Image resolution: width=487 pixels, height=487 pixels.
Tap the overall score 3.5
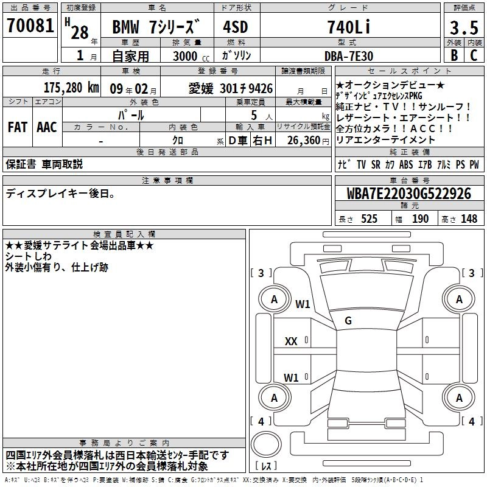click(x=464, y=28)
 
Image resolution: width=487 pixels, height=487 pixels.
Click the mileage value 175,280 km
click(x=71, y=88)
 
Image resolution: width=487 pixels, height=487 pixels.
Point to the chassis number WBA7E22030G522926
click(x=409, y=194)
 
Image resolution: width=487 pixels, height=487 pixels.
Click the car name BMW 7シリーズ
click(x=156, y=28)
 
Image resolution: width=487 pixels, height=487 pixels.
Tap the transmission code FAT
click(x=17, y=127)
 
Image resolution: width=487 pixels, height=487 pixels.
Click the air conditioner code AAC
click(x=46, y=127)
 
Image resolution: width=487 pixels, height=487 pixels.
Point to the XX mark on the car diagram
click(x=291, y=342)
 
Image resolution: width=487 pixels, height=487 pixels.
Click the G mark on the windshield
click(x=348, y=321)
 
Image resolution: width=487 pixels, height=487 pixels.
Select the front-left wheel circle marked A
click(x=274, y=299)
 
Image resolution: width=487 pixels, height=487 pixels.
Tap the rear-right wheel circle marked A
click(x=459, y=398)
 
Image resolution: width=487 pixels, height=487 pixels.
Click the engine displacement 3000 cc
click(x=187, y=56)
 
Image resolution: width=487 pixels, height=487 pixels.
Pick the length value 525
click(x=369, y=219)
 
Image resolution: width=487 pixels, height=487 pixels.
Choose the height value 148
click(x=469, y=219)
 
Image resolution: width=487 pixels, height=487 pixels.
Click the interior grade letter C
click(x=474, y=55)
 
